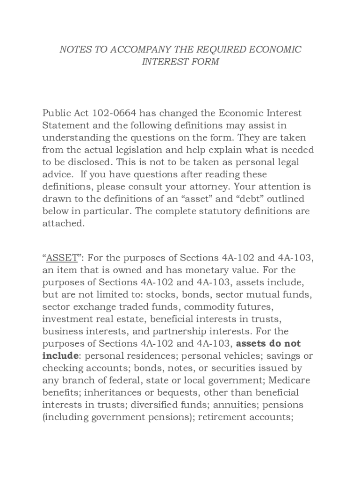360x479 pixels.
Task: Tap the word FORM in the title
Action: coord(204,62)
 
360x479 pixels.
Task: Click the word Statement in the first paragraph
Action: coord(66,125)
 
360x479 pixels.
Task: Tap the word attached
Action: coord(64,223)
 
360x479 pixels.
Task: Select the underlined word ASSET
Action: coord(62,258)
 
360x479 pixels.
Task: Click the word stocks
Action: coord(161,295)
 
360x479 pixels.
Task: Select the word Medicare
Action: coord(288,380)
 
